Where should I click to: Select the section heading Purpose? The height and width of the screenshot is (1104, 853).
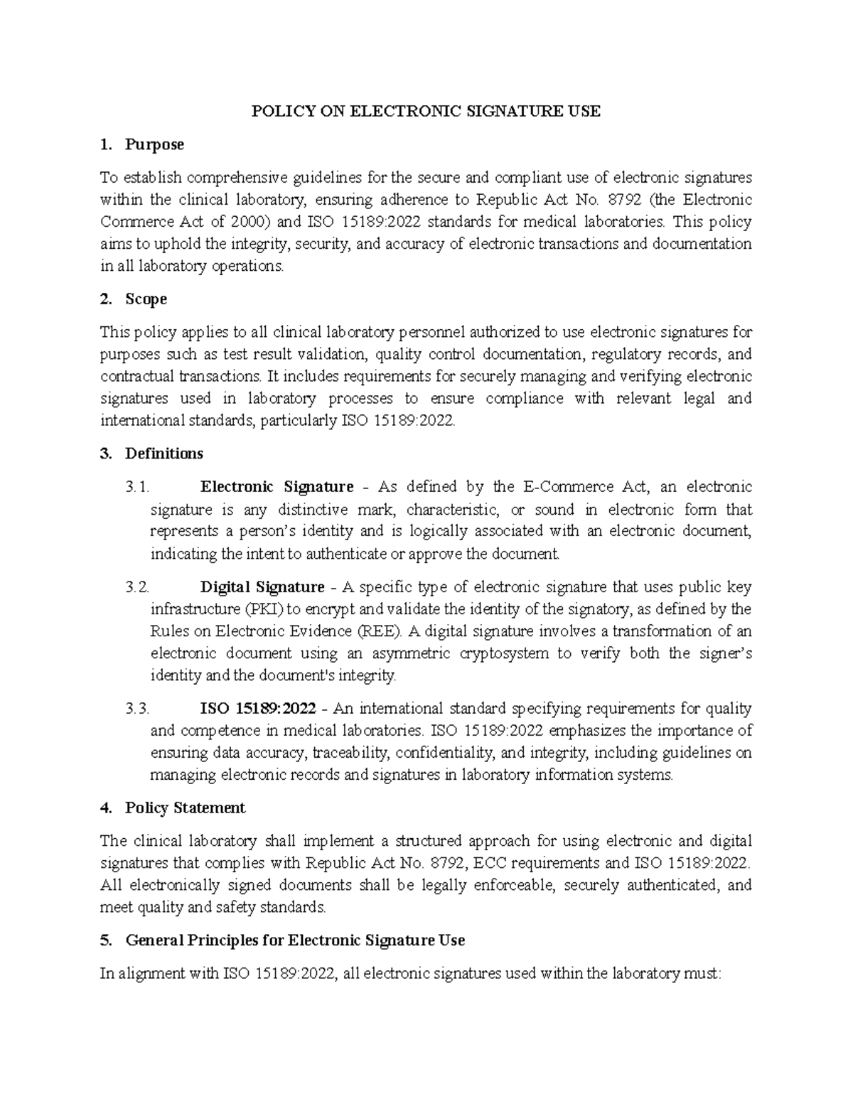154,144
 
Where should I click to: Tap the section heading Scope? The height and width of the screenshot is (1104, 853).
146,299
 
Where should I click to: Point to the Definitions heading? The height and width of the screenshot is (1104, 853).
163,454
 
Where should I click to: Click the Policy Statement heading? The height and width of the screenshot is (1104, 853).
185,808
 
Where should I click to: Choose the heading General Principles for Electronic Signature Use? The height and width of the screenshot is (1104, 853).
294,940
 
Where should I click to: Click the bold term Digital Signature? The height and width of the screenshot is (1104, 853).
262,587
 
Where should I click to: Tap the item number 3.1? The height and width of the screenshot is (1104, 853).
137,487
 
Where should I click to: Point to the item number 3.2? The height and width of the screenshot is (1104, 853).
137,587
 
